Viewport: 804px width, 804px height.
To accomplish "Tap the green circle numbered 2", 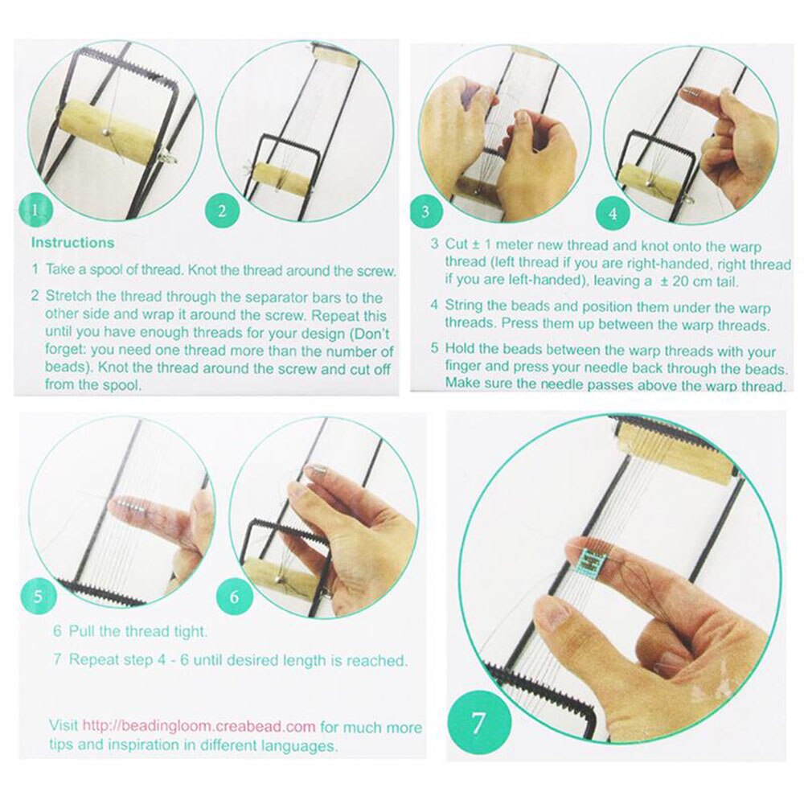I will [221, 211].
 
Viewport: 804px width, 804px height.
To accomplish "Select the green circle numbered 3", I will [425, 212].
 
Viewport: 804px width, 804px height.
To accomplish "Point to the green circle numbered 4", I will [612, 215].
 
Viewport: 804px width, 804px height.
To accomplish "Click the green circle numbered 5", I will [42, 597].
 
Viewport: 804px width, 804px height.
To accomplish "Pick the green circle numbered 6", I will [234, 597].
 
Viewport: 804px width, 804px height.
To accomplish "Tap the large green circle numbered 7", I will [478, 721].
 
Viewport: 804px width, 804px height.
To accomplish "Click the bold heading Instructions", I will [72, 242].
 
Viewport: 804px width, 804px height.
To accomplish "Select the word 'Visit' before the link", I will [64, 726].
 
